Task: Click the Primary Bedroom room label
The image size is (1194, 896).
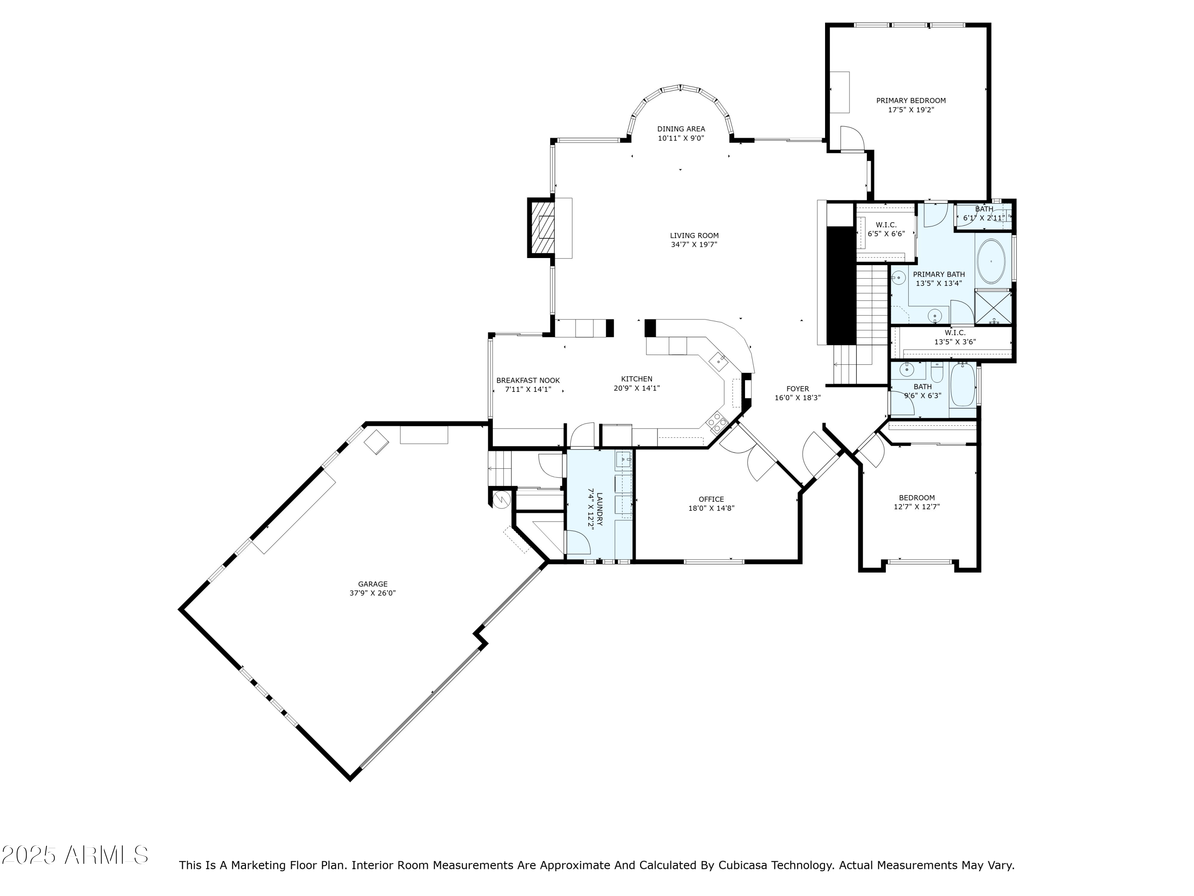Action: [911, 100]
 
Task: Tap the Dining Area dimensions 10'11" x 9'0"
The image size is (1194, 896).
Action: [681, 138]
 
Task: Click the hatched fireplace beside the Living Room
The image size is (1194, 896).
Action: [541, 228]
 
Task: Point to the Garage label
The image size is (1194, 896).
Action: [373, 584]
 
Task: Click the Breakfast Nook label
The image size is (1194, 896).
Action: [528, 380]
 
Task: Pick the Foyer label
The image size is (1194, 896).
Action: [797, 389]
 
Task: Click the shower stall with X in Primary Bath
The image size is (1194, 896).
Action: [993, 308]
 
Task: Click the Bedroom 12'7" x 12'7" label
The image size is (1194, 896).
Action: [917, 498]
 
